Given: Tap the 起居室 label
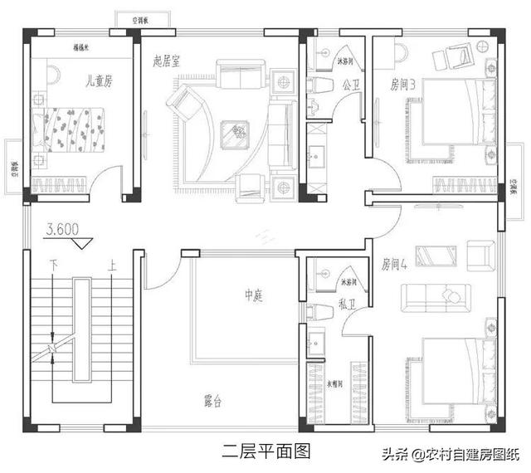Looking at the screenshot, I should (168, 61).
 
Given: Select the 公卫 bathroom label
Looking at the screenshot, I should (349, 85).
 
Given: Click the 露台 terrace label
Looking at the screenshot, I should (212, 402).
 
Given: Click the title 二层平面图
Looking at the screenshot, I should (265, 452).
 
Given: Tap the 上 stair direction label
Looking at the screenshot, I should (110, 266).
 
